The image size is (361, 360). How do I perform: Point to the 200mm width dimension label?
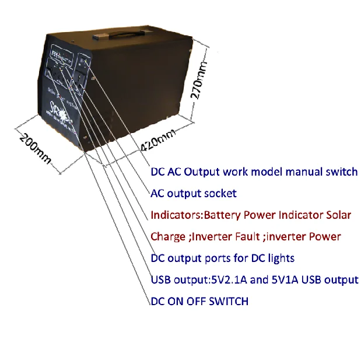tap(34, 148)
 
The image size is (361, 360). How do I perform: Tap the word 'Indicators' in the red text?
tap(175, 215)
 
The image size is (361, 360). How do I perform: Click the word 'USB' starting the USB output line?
tap(160, 279)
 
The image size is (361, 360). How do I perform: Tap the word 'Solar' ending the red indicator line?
tap(338, 215)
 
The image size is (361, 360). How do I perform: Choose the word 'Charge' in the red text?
tap(168, 237)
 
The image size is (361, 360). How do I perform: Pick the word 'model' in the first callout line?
tap(257, 172)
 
